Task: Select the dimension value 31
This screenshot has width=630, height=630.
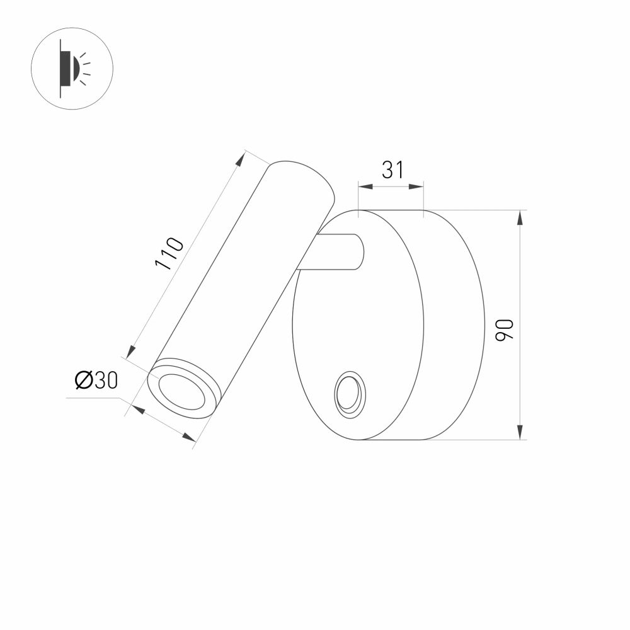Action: click(x=392, y=169)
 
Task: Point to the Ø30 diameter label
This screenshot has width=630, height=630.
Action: click(x=96, y=380)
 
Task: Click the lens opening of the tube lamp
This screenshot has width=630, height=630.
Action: click(x=182, y=391)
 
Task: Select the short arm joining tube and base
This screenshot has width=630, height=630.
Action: click(x=334, y=252)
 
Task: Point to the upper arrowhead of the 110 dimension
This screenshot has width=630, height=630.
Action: click(x=240, y=159)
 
